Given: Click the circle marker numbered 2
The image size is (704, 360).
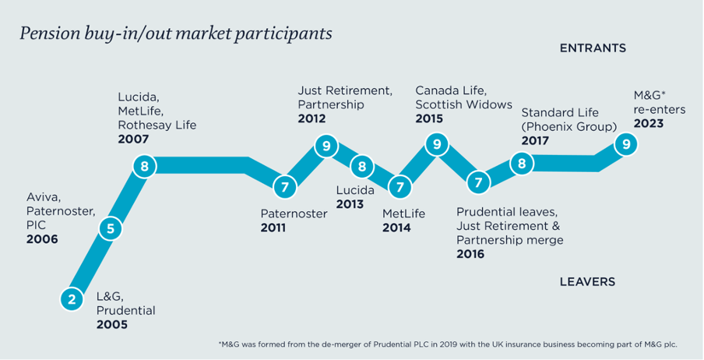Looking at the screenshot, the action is coord(72,299).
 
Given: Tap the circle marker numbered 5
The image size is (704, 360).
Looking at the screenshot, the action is coord(111,229).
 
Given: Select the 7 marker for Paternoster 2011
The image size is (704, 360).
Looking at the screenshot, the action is coord(285,187).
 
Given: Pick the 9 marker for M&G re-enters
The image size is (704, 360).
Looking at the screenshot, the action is coord(625,144).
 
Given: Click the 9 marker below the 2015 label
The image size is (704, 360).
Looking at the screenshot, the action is coord(436,144).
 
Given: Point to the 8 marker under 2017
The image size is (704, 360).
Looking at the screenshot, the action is coord(521,164).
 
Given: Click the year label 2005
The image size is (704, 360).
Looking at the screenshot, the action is coord(112,324).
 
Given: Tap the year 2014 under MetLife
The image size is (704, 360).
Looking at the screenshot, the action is coord(396,228).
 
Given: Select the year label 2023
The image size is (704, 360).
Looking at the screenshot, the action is coord(649,123).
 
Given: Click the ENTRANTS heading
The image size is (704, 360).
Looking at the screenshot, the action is coord(593,48).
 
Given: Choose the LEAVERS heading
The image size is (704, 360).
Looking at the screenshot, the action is coord(587,282).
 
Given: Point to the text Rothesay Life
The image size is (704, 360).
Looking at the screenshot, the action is coord(157,125).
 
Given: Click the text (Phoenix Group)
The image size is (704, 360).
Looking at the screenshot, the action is coord(568,127).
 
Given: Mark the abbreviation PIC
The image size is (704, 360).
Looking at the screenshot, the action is coord(36,224).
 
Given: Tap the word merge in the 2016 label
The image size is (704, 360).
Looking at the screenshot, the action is coord(547,239).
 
